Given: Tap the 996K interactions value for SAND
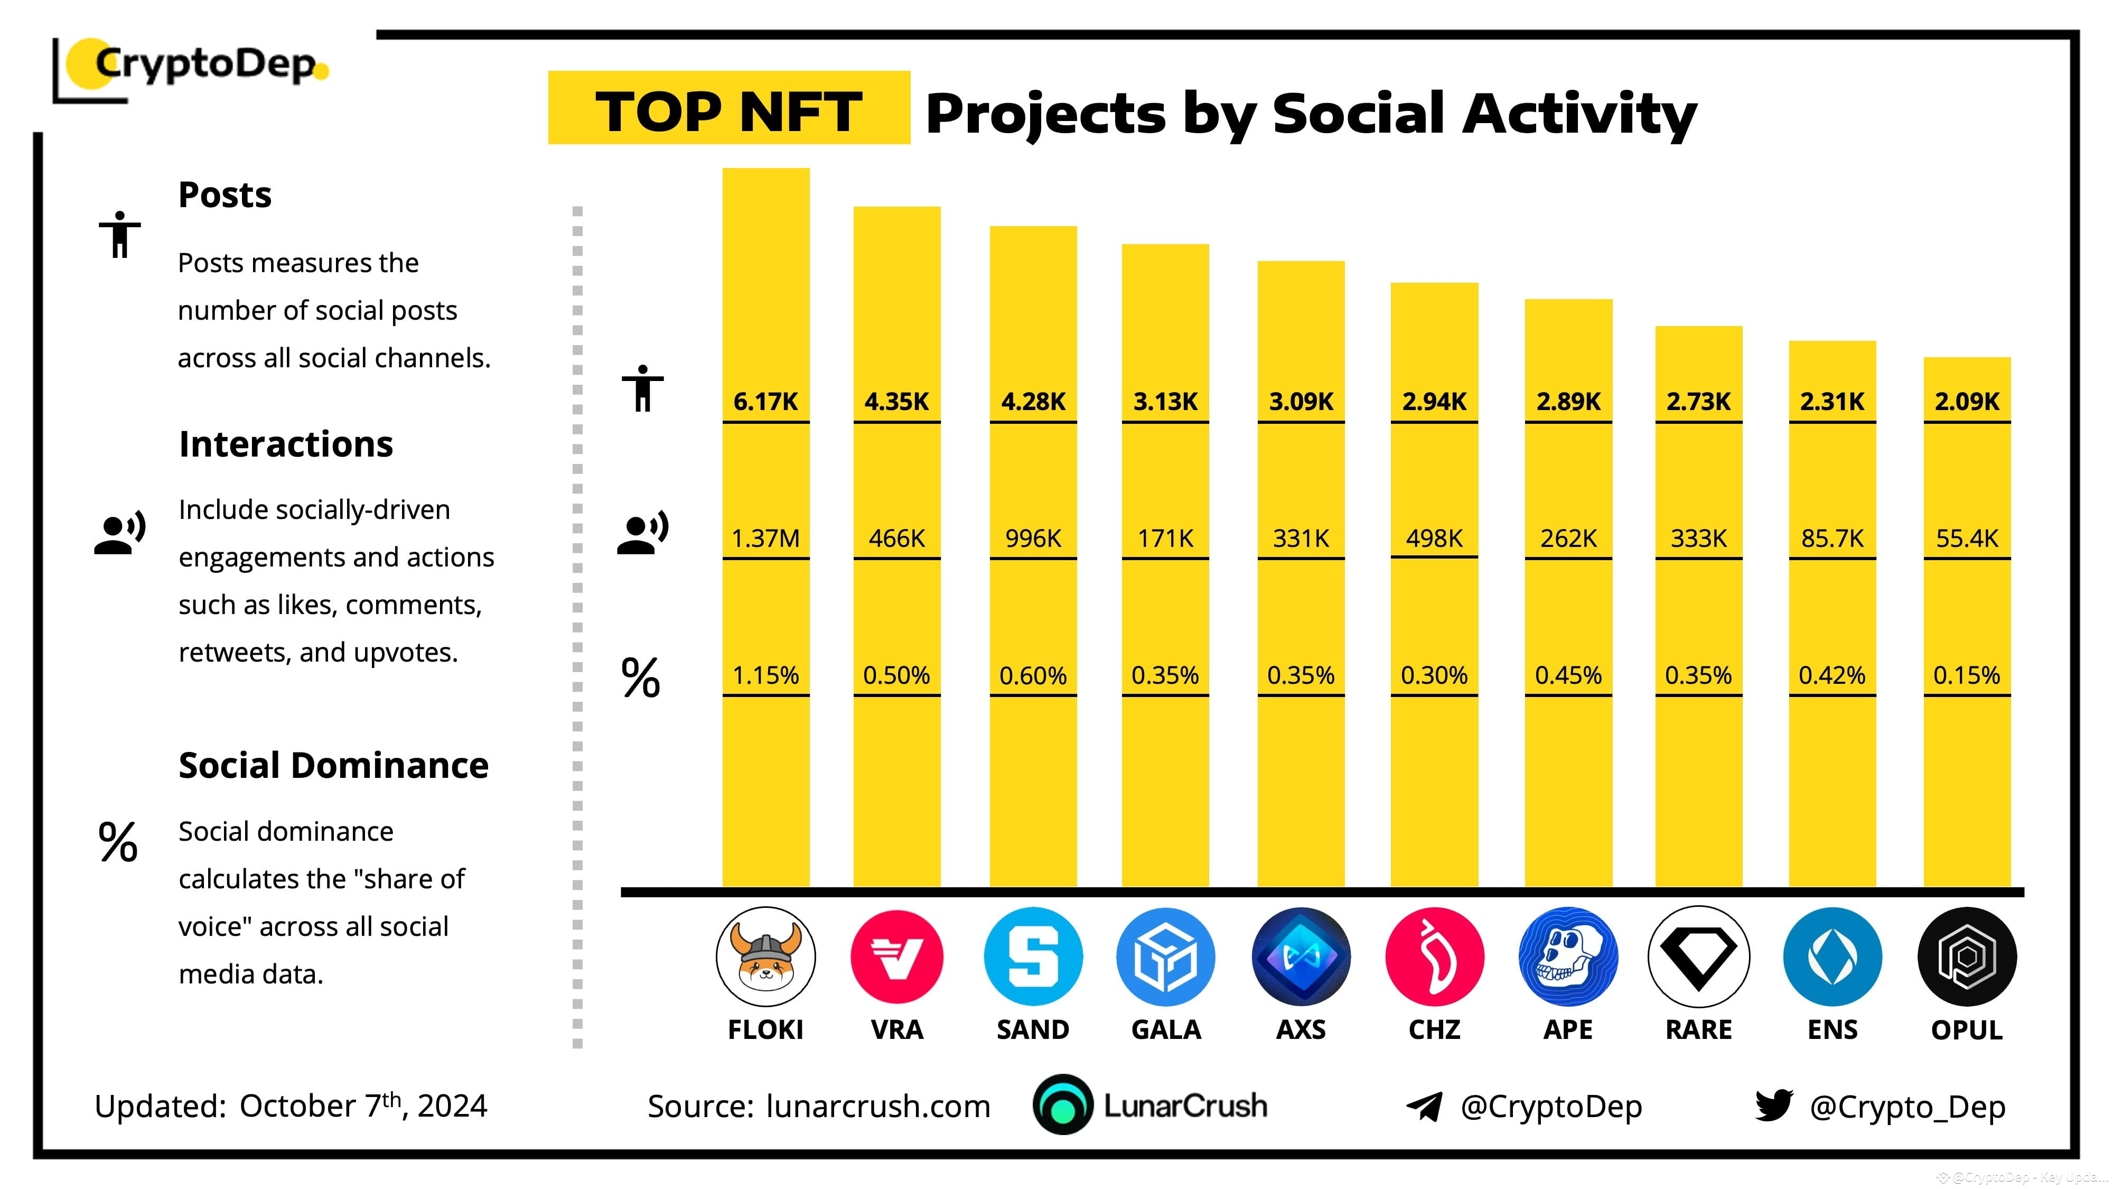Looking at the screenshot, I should point(1033,538).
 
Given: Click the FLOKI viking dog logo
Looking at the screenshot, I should point(765,957).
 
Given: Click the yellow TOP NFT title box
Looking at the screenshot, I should point(728,108).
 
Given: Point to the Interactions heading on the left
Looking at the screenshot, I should point(285,444).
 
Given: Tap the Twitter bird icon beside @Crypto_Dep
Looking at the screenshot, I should point(1773,1106).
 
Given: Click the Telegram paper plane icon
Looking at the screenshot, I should point(1424,1106).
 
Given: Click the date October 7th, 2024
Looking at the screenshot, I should point(362,1106).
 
